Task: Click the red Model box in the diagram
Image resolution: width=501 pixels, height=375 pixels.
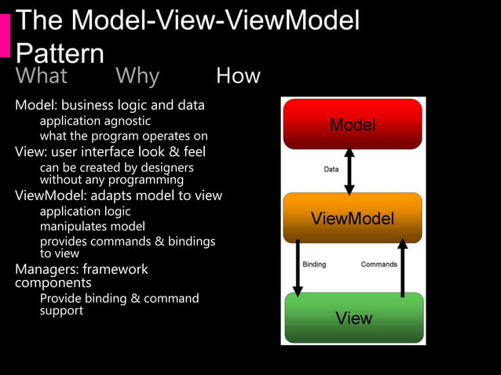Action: pyautogui.click(x=352, y=124)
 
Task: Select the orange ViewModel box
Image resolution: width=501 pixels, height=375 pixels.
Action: pyautogui.click(x=352, y=218)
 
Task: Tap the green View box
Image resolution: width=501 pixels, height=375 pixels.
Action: pyautogui.click(x=353, y=318)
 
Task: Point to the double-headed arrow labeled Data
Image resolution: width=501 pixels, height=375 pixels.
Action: pyautogui.click(x=349, y=169)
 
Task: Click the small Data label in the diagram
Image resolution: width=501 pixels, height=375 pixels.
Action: pyautogui.click(x=331, y=169)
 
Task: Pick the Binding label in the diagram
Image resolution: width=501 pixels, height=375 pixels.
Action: pyautogui.click(x=314, y=264)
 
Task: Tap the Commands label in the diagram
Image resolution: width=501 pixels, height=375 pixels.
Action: pyautogui.click(x=378, y=264)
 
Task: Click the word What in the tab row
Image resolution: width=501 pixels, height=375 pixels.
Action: pyautogui.click(x=42, y=76)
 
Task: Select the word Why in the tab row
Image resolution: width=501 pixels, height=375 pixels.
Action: pyautogui.click(x=137, y=76)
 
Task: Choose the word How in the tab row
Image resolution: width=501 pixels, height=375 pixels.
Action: pyautogui.click(x=238, y=76)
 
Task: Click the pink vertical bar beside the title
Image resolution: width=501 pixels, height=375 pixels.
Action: pyautogui.click(x=5, y=35)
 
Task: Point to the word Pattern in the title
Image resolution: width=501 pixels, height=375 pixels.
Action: pyautogui.click(x=60, y=53)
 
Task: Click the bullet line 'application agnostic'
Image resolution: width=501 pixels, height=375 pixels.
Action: pyautogui.click(x=95, y=121)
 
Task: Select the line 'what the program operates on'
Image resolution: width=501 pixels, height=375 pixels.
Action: pyautogui.click(x=123, y=136)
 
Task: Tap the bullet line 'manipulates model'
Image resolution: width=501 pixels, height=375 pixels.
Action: pyautogui.click(x=92, y=227)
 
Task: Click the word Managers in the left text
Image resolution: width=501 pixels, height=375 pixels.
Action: pyautogui.click(x=46, y=269)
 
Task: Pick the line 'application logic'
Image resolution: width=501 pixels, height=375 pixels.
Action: pyautogui.click(x=85, y=211)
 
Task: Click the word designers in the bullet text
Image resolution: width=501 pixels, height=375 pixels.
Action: pyautogui.click(x=166, y=167)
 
